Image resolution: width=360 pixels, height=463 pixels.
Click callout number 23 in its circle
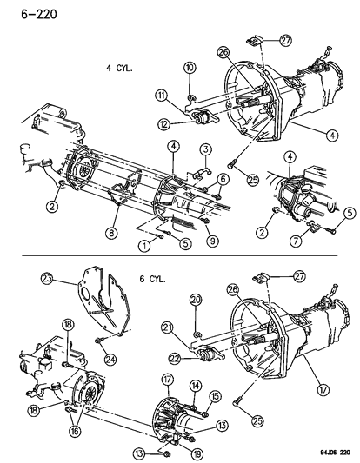click(x=48, y=279)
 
